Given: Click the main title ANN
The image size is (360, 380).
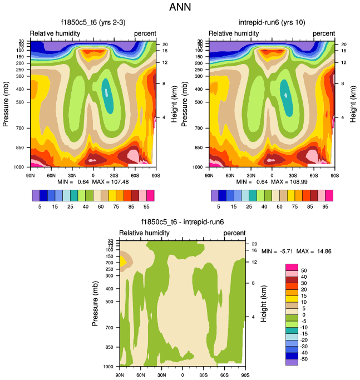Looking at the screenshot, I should pyautogui.click(x=180, y=8).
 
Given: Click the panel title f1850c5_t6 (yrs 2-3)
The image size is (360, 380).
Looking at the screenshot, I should pyautogui.click(x=92, y=22).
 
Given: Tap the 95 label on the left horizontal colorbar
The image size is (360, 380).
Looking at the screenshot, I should pyautogui.click(x=142, y=205).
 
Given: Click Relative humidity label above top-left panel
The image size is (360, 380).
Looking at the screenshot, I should pyautogui.click(x=55, y=33).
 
